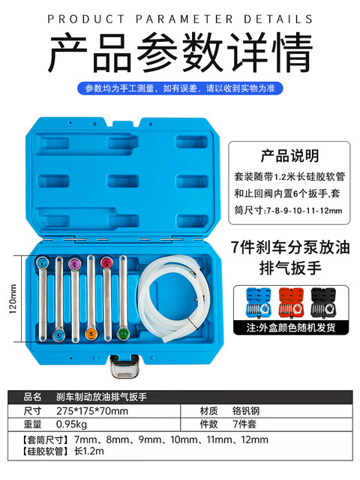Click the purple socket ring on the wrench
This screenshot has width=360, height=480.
click(73, 265)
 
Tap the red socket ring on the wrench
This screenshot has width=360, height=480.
click(106, 262)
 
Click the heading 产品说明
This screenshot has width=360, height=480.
click(288, 156)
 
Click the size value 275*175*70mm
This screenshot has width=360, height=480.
click(90, 411)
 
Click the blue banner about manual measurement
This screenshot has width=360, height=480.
click(180, 89)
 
